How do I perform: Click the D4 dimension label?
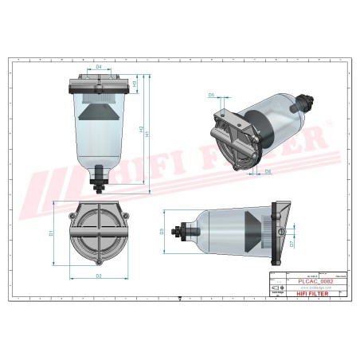pyautogui.click(x=99, y=68)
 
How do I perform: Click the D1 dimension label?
pyautogui.click(x=51, y=233)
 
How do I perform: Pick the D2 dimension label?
pyautogui.click(x=98, y=276)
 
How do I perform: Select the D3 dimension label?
pyautogui.click(x=162, y=232)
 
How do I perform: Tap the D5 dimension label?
pyautogui.click(x=212, y=95)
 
